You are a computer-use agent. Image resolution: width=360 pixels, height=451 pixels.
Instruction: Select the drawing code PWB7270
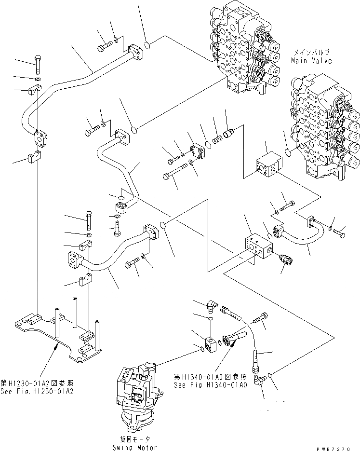click(x=337, y=447)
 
